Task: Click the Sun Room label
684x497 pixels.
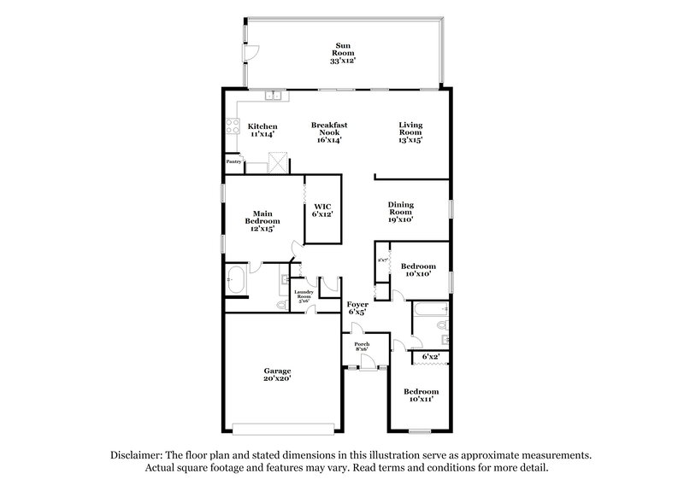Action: point(342,52)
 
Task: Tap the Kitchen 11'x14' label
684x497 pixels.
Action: point(262,131)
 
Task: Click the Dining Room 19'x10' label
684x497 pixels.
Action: point(401,212)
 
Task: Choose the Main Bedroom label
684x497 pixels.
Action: point(262,221)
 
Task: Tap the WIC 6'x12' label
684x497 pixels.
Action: point(322,210)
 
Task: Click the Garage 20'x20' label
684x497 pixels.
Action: point(276,374)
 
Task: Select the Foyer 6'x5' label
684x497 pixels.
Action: point(357,307)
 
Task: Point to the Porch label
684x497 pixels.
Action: point(361,346)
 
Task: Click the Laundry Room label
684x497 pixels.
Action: point(304,296)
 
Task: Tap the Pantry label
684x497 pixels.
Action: point(233,161)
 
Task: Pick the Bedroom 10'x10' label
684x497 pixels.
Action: point(418,270)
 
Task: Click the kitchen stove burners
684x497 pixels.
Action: point(231,128)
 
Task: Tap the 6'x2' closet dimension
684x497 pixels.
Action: point(431,355)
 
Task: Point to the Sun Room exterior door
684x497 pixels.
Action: point(249,51)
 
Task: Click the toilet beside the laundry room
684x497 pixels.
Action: point(280,305)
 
